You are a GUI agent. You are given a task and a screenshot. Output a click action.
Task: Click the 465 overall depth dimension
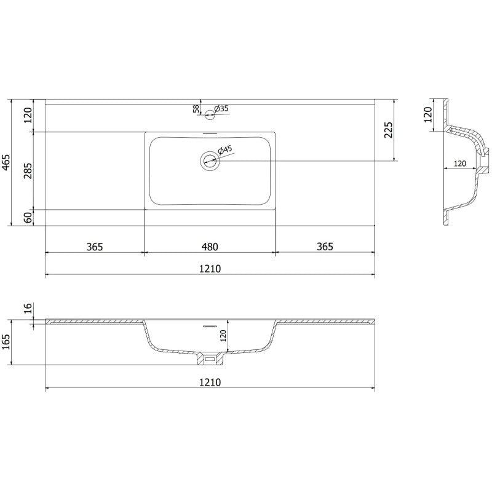pos(7,162)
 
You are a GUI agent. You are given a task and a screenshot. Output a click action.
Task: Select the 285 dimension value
pos(27,170)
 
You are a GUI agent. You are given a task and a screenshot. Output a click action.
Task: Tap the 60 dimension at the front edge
pos(27,217)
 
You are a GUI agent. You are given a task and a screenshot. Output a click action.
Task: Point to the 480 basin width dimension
pos(210,247)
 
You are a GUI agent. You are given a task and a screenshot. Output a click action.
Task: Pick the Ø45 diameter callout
pos(225,149)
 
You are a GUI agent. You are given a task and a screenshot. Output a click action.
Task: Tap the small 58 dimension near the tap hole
pos(196,109)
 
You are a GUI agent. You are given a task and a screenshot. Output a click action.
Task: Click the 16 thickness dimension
pos(27,309)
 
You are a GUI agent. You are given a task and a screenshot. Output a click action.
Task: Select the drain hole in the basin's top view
pos(210,161)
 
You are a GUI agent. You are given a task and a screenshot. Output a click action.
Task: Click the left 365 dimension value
pos(94,247)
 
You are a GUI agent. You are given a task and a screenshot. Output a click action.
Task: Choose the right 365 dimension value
pos(325,247)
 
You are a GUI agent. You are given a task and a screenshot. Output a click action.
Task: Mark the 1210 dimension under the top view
pos(210,269)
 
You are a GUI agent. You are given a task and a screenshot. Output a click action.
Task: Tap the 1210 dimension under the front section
pos(210,382)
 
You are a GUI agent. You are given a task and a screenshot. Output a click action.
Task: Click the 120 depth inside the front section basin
pos(224,335)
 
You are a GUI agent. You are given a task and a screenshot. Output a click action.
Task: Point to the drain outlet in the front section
pos(210,358)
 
